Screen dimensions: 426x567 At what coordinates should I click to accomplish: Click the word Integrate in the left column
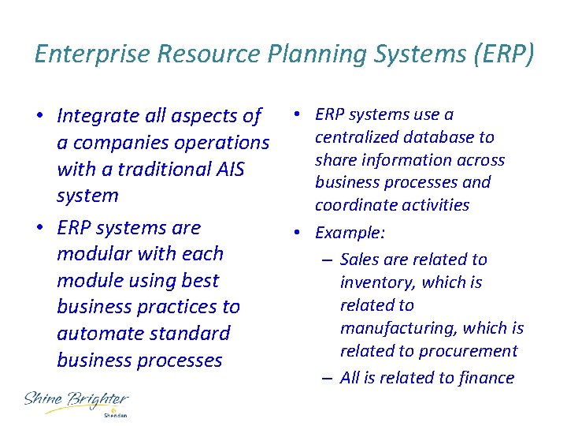[96, 116]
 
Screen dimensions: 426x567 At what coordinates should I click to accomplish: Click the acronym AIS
[228, 169]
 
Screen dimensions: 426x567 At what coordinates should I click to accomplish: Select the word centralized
[355, 137]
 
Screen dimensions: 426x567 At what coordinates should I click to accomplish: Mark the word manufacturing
[398, 328]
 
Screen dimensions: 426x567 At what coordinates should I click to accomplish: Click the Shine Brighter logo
[75, 401]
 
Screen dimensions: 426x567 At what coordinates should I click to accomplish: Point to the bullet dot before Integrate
[39, 116]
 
